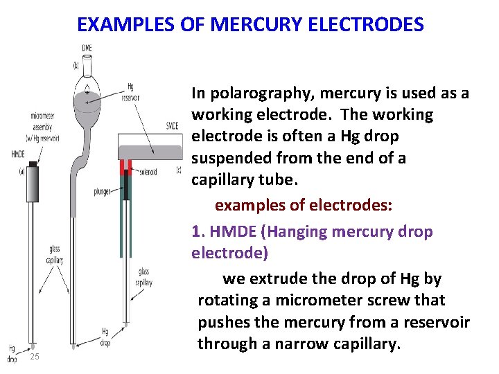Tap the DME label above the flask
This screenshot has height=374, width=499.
[87, 48]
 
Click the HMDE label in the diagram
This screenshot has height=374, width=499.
[17, 153]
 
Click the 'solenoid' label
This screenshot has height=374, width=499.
[146, 170]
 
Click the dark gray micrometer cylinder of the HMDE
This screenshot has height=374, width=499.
[32, 183]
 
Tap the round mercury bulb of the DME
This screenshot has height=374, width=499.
[87, 97]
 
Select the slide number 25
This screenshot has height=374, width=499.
[35, 357]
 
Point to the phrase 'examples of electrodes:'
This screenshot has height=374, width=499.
[304, 206]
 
